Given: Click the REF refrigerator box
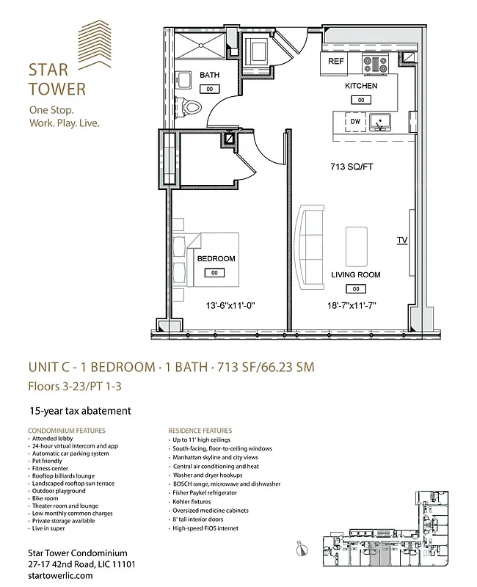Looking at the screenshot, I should [x=335, y=62].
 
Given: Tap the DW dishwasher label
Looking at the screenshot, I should [x=355, y=121].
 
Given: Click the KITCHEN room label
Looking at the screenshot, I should [x=361, y=86].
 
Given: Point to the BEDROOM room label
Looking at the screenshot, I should [x=216, y=259].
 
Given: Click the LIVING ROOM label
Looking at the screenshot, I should [x=356, y=275].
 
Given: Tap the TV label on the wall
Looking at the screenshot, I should [x=401, y=240].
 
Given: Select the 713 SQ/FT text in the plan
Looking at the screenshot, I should [x=352, y=167].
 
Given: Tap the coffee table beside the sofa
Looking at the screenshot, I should [x=357, y=240].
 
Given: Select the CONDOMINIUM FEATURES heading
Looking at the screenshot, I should [x=67, y=431].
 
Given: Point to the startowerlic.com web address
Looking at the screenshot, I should [x=60, y=576].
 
